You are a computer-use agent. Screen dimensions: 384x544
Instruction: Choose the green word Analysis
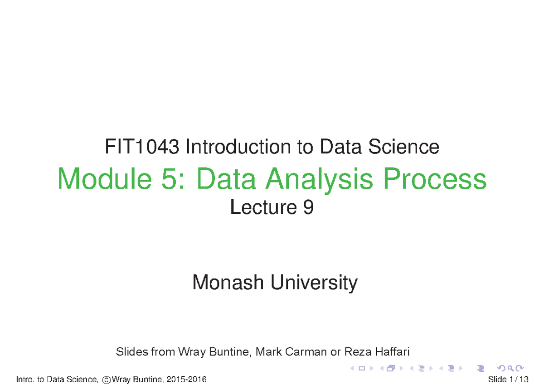[x=320, y=180]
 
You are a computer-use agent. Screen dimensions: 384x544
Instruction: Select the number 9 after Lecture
[x=308, y=208]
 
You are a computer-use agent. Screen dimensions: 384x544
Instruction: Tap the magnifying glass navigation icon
[x=510, y=368]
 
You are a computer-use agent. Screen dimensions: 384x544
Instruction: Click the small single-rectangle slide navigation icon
[x=362, y=368]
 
